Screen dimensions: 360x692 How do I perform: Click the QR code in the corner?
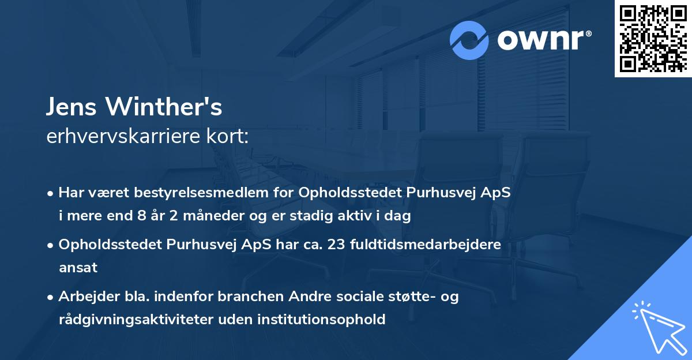click(x=653, y=38)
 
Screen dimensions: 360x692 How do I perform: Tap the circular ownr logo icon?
click(x=469, y=40)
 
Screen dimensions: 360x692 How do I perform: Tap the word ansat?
click(x=78, y=268)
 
